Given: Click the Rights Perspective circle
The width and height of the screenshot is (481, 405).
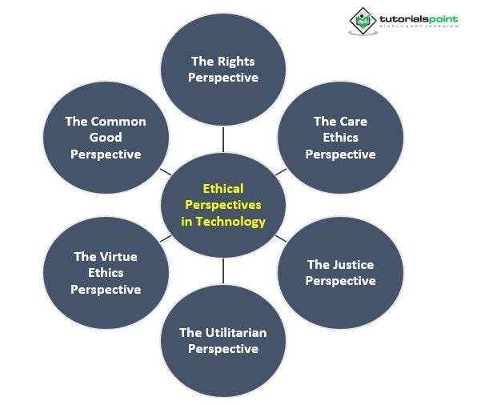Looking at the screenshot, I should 224,70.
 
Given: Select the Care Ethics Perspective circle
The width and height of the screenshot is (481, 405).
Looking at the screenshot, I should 340,138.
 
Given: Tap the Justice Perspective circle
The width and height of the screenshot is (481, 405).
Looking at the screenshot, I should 340,272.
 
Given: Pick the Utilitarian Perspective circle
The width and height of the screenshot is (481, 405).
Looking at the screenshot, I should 223,340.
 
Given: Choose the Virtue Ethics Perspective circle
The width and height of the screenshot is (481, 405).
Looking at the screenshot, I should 106,272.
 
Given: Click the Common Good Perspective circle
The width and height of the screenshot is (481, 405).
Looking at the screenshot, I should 106,138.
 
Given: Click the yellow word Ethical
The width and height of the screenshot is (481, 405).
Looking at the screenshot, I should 223,189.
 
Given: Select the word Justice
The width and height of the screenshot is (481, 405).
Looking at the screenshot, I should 353,264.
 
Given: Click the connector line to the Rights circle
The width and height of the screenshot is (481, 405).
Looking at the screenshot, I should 223,139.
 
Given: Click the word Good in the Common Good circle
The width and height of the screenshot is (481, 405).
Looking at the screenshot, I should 106,138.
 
